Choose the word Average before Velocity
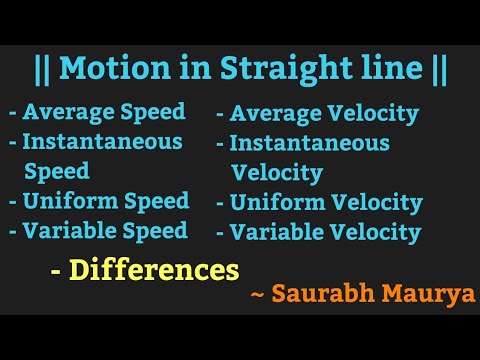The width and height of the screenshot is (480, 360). pyautogui.click(x=279, y=114)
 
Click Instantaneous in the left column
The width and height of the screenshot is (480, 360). pyautogui.click(x=102, y=142)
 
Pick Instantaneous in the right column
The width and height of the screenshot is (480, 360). pyautogui.click(x=309, y=143)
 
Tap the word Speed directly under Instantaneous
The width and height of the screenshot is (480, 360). pyautogui.click(x=56, y=171)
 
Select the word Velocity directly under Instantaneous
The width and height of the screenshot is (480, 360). pyautogui.click(x=277, y=173)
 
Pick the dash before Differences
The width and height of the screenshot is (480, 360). pyautogui.click(x=57, y=271)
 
